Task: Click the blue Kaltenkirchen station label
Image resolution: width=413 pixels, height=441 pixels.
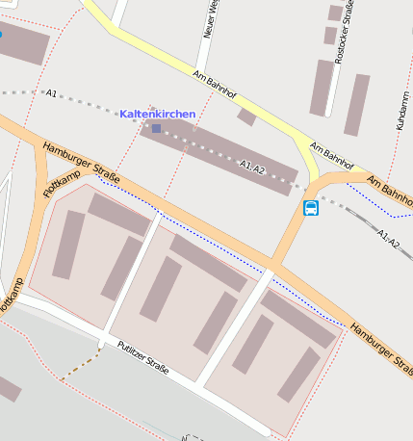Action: click(157, 114)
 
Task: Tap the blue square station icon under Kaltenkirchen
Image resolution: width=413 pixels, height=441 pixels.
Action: click(156, 127)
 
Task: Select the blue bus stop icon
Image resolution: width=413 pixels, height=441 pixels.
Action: click(311, 208)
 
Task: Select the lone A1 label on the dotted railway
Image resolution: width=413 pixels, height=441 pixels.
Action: click(51, 93)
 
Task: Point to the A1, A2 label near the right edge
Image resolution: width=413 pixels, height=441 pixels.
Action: click(389, 238)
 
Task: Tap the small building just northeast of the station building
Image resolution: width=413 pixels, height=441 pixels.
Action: click(246, 117)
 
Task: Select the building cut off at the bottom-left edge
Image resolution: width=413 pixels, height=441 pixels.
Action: click(8, 388)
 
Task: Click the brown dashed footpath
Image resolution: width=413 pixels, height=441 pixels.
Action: click(82, 365)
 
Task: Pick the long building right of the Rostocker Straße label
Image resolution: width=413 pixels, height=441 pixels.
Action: click(356, 104)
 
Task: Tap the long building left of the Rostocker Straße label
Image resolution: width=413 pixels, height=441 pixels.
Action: click(321, 88)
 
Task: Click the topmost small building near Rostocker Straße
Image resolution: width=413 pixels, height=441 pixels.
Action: click(335, 13)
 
